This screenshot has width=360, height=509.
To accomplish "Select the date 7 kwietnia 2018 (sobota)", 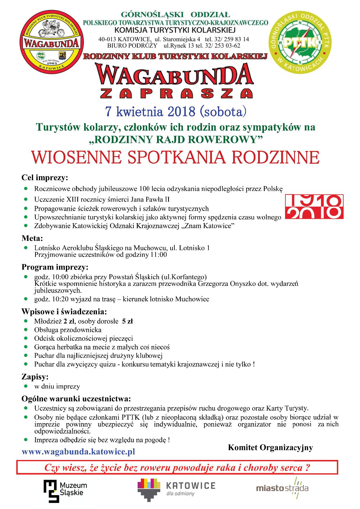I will pos(176,111).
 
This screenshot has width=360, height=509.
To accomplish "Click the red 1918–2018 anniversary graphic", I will pos(314,207).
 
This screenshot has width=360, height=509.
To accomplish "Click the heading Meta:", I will pos(32,239).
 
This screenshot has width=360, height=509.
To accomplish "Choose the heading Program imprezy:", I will pos(55,267).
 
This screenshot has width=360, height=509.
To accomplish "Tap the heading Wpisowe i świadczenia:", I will pos(64,312).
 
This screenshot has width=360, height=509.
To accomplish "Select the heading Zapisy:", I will pos(35,377).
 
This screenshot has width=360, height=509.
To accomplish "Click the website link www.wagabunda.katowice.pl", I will pos(78,452).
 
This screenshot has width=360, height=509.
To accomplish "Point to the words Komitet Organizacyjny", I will pos(270,447).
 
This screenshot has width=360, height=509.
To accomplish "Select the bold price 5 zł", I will pos(127,321).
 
